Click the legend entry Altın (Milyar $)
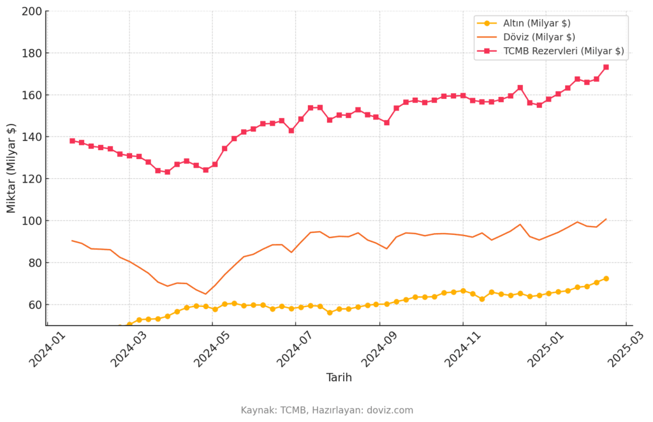click(x=536, y=24)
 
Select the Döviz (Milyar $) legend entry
click(x=539, y=37)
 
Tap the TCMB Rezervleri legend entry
click(x=564, y=51)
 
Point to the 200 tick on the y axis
click(x=32, y=11)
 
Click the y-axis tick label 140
click(x=32, y=137)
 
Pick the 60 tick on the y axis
click(x=36, y=305)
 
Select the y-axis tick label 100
click(x=32, y=221)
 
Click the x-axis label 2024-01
click(x=45, y=349)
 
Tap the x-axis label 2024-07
click(x=293, y=349)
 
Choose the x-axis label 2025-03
click(x=624, y=349)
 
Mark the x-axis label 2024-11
click(x=461, y=349)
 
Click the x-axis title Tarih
click(x=339, y=378)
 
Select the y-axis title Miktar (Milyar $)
click(x=11, y=168)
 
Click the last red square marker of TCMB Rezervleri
click(x=606, y=67)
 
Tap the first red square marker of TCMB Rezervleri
click(x=73, y=141)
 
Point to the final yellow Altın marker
click(x=606, y=278)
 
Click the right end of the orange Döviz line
click(x=606, y=219)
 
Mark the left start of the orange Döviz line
click(x=72, y=241)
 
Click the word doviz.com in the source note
click(x=390, y=411)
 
